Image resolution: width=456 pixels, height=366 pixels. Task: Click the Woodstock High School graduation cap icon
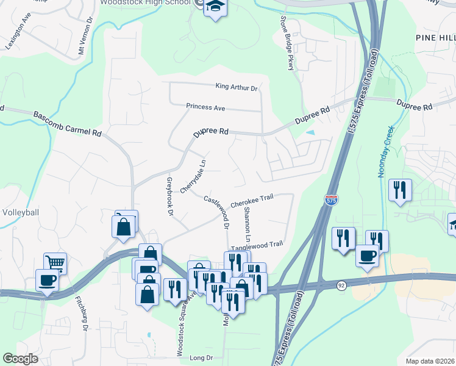point(215,7)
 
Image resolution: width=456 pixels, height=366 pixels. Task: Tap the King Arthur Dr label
point(237,88)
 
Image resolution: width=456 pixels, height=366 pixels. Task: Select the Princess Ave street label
point(205,107)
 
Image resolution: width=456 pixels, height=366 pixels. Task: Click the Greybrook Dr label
point(170,196)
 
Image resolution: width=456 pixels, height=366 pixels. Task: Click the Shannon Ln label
point(247,223)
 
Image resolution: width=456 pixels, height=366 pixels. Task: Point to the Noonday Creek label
point(385,151)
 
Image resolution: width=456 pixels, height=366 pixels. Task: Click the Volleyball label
point(20,212)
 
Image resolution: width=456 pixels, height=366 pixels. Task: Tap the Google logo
point(20,359)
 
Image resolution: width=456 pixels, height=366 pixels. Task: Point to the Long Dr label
point(201,357)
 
